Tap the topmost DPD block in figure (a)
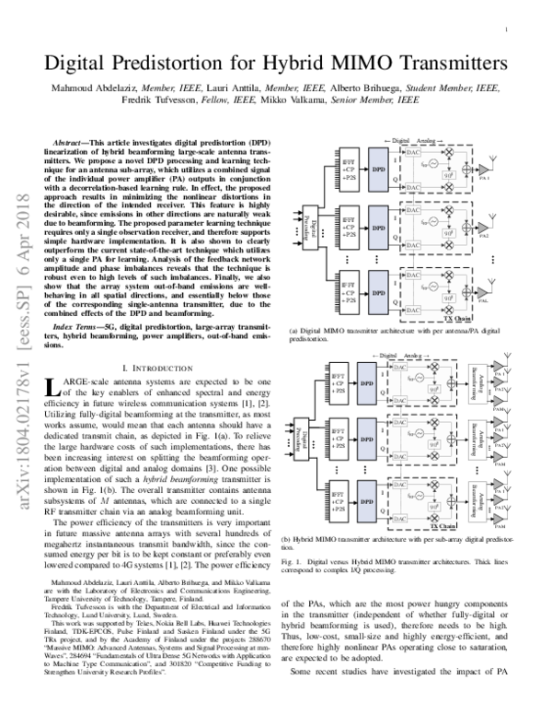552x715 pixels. click(376, 169)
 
